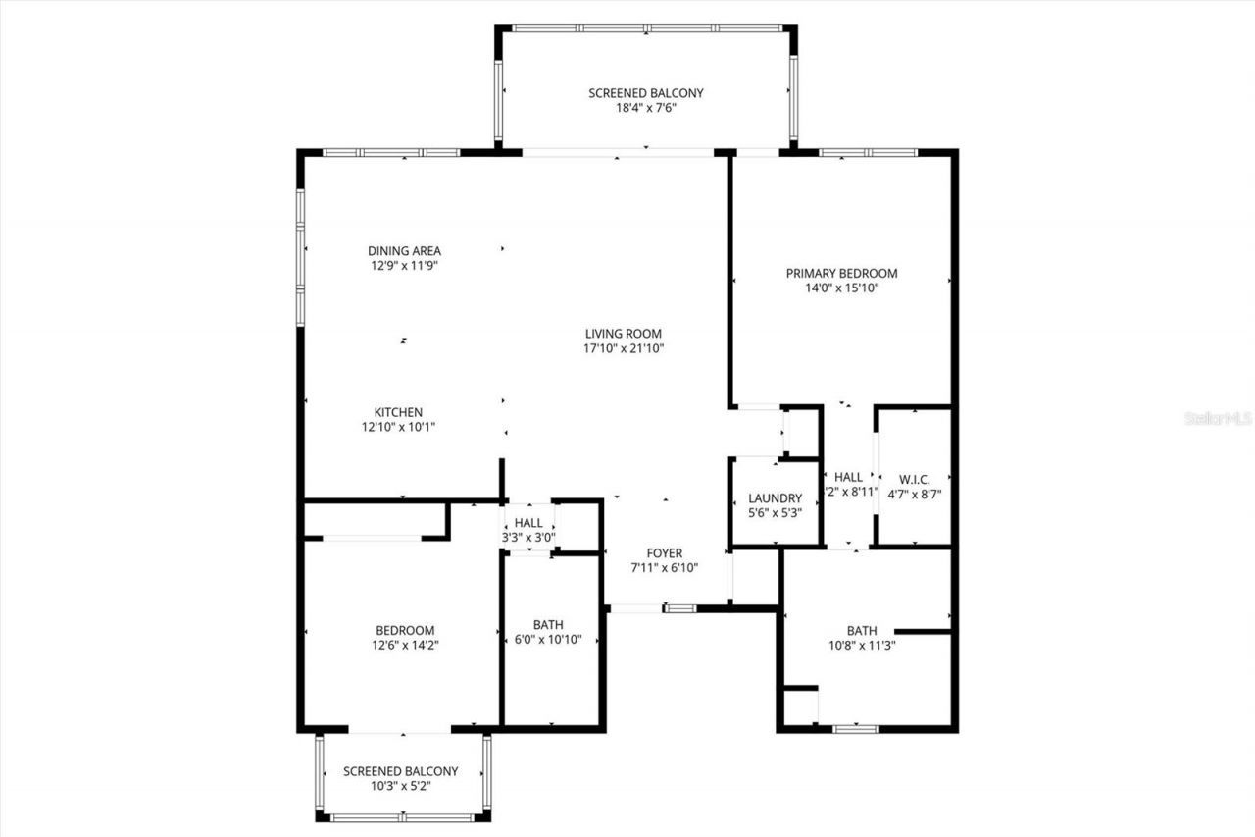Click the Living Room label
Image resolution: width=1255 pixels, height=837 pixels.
click(624, 334)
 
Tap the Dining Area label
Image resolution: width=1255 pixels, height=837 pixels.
click(404, 251)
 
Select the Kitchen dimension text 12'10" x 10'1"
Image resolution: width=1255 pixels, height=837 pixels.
click(398, 427)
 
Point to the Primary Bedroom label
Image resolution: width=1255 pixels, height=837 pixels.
click(841, 274)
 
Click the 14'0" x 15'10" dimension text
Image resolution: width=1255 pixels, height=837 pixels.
click(841, 288)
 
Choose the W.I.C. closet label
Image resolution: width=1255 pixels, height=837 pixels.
click(914, 480)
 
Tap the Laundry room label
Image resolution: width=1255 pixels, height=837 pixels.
click(775, 498)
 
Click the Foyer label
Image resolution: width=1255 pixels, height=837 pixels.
click(665, 553)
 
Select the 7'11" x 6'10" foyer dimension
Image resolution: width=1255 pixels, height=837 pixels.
click(665, 568)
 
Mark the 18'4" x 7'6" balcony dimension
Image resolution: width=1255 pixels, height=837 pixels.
click(645, 108)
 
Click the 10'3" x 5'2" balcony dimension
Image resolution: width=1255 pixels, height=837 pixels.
click(400, 786)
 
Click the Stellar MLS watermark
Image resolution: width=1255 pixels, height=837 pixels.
click(1218, 418)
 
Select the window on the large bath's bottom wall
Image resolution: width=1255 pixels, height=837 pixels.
click(855, 728)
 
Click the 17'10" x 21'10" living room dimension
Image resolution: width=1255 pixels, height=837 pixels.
click(624, 348)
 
